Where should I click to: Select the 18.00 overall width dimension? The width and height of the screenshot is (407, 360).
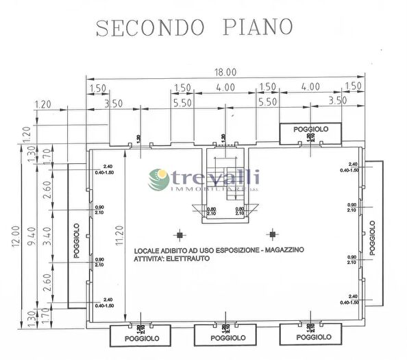coord(224,72)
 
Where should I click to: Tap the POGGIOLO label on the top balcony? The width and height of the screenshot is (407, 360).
coord(310,129)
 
